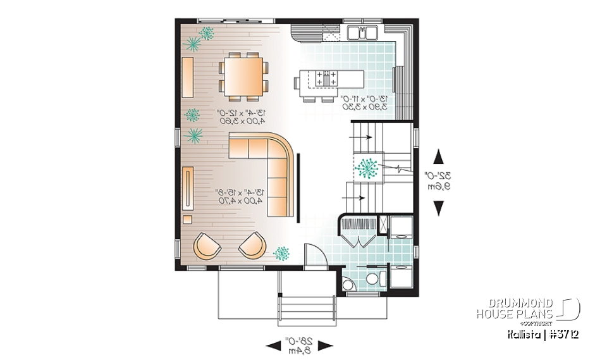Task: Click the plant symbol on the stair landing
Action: pos(367,168)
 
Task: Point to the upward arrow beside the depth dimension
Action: pos(438,156)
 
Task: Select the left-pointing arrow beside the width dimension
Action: pos(274,345)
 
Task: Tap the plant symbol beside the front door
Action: pos(280,253)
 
